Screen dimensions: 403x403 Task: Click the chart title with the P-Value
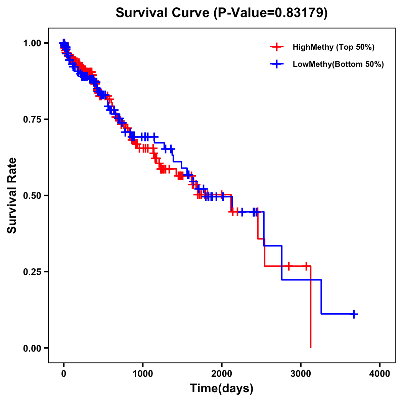pos(222,13)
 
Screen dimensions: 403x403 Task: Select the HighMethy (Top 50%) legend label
pos(333,47)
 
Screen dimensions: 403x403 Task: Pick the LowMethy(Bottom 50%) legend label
pos(338,64)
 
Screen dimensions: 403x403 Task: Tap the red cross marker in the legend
pos(277,47)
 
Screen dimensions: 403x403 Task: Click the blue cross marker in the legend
pos(277,64)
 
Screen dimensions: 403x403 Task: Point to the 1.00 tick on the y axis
pos(32,43)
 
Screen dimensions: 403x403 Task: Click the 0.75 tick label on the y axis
pos(32,119)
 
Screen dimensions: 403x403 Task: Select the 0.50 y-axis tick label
pos(32,195)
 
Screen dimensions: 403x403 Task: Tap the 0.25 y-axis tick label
pos(32,272)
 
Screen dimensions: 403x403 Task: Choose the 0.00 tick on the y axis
pos(32,348)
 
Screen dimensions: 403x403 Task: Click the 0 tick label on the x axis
pos(64,373)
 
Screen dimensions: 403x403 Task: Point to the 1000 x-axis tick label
pos(143,373)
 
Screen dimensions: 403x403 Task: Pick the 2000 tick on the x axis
pos(222,373)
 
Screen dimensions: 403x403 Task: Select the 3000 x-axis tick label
pos(301,373)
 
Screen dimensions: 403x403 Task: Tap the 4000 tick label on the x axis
pos(380,373)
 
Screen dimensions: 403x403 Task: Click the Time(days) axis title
pos(222,389)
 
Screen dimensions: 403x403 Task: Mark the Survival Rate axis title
pos(12,195)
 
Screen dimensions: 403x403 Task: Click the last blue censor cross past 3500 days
pos(354,314)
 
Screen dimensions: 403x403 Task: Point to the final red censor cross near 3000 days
pos(306,266)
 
